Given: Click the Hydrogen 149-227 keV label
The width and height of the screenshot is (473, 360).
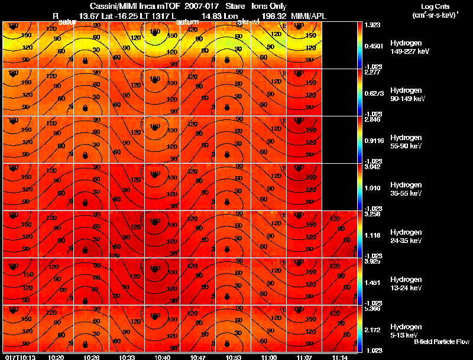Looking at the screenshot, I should tap(405, 47).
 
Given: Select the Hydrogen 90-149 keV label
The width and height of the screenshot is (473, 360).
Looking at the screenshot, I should tap(405, 95).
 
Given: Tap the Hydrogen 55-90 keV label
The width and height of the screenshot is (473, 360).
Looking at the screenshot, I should tap(405, 142).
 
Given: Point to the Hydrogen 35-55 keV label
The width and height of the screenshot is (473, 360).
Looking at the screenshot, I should tap(405, 189).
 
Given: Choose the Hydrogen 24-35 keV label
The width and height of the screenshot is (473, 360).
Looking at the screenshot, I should tap(405, 236).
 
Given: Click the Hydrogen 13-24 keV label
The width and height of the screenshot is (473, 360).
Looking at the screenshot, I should tap(405, 284).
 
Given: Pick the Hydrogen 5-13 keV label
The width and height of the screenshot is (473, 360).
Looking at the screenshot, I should tap(405, 330).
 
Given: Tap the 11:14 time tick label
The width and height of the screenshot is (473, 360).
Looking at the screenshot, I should tap(339, 357).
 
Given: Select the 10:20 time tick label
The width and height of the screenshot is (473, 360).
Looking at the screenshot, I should tap(56, 357).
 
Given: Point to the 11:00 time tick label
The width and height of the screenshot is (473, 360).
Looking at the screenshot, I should tap(268, 357).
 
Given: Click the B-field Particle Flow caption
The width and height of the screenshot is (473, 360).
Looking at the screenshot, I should tap(441, 342).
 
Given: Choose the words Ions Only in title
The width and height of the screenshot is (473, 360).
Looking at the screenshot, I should tap(269, 7).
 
